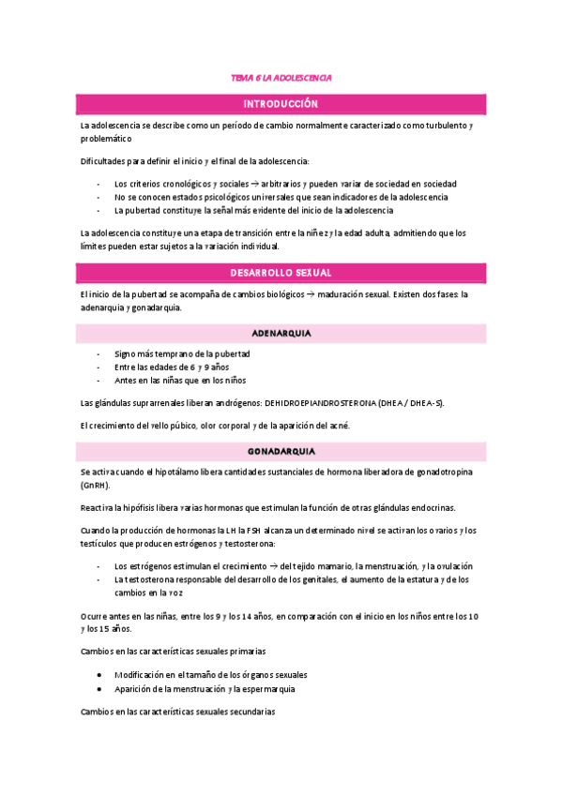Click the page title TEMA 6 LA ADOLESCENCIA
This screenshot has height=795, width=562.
coord(281,79)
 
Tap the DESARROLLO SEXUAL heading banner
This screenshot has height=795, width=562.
coord(281,273)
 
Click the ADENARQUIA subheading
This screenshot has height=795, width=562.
coord(281,333)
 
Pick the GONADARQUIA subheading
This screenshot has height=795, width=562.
coord(281,451)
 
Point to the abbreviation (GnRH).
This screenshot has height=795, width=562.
coord(95,486)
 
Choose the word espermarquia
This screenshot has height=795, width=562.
coord(267,688)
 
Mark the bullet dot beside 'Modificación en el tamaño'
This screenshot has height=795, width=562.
coord(100,675)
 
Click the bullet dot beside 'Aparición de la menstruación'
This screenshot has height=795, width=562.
coord(100,688)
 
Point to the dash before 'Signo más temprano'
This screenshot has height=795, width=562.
coord(99,354)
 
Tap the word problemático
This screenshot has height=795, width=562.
coord(105,138)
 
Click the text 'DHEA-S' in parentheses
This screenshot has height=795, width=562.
coord(425,403)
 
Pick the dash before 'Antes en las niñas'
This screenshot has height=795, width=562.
coord(99,381)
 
